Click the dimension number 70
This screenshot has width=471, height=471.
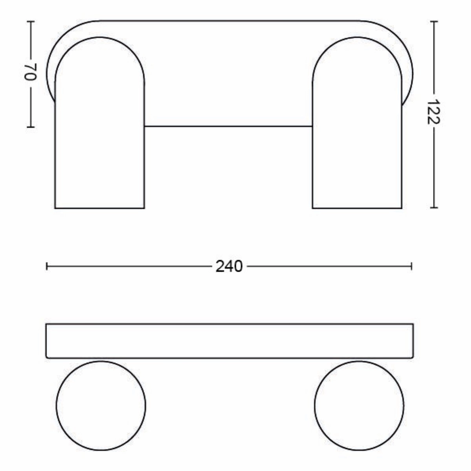(x=30, y=72)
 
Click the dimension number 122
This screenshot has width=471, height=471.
(x=433, y=112)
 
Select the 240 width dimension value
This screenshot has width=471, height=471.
(x=229, y=267)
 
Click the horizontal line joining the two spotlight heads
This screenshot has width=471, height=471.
(x=228, y=126)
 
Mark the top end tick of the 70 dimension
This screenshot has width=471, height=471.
(x=31, y=22)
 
